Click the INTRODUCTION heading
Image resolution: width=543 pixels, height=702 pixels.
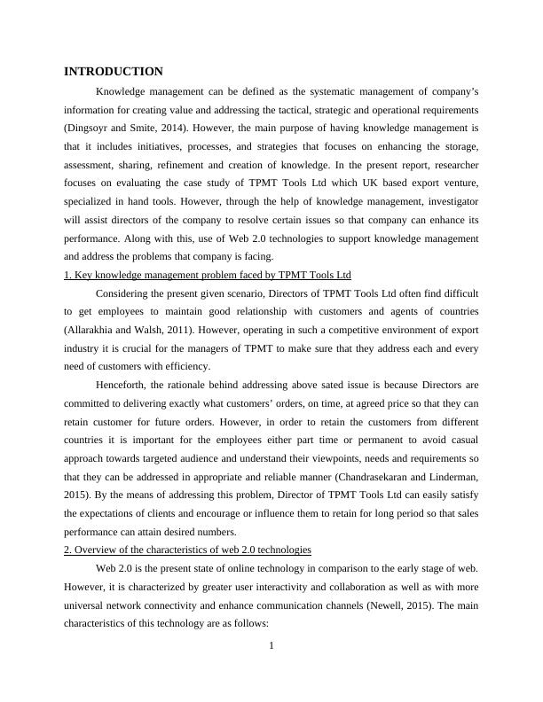click(114, 71)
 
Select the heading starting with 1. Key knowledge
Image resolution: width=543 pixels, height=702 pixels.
click(208, 275)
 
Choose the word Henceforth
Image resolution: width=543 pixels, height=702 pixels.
click(123, 386)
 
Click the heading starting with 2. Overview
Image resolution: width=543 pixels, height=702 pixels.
click(187, 550)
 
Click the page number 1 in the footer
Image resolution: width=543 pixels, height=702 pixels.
click(271, 644)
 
